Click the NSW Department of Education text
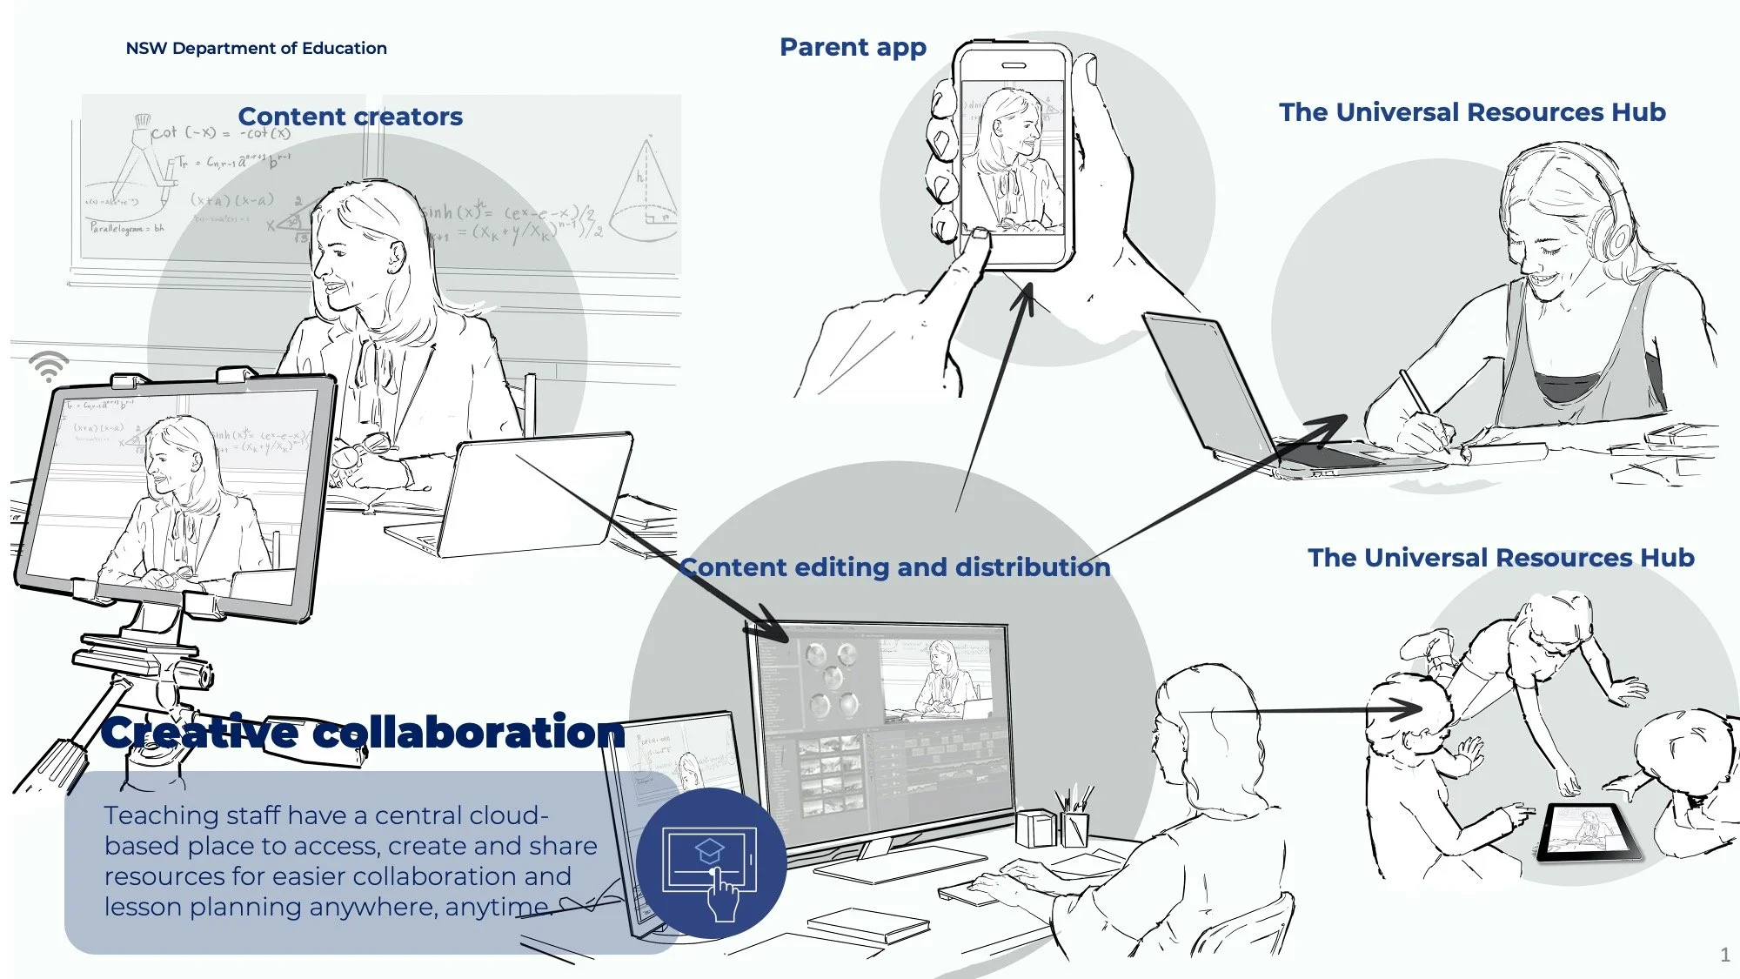pyautogui.click(x=256, y=48)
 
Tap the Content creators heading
pyautogui.click(x=350, y=117)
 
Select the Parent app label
pyautogui.click(x=853, y=47)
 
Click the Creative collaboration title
pyautogui.click(x=363, y=732)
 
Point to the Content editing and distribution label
pyautogui.click(x=895, y=567)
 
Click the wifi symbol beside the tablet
pyautogui.click(x=49, y=366)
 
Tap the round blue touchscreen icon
pyautogui.click(x=711, y=863)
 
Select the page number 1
pyautogui.click(x=1724, y=955)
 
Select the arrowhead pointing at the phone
pyautogui.click(x=1026, y=296)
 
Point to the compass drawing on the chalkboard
pyautogui.click(x=144, y=161)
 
